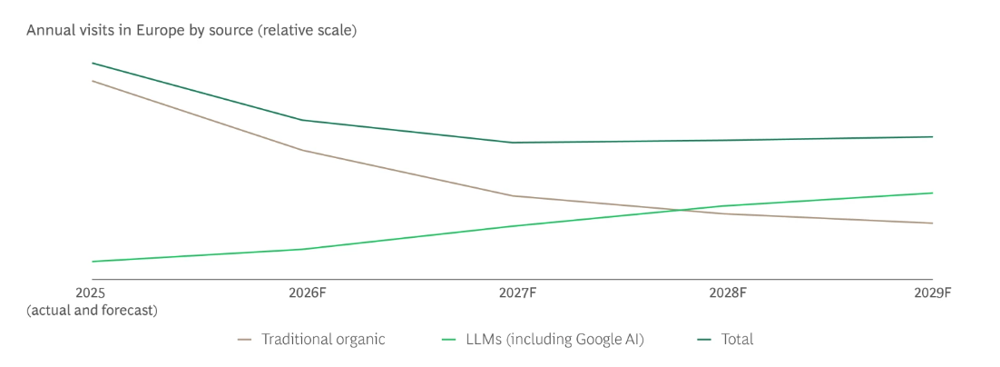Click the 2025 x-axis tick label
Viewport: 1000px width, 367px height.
point(91,293)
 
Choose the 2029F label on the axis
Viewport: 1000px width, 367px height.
point(932,293)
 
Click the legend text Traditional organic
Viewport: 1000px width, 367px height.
point(323,340)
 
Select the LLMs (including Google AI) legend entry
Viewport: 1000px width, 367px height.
point(554,340)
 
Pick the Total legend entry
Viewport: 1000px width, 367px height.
point(737,340)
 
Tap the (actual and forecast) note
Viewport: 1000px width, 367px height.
point(92,311)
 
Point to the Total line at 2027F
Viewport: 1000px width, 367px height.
point(513,143)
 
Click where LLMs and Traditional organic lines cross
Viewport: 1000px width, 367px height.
point(679,211)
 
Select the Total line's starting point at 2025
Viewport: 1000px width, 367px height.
point(93,64)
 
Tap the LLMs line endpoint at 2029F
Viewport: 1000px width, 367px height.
point(932,193)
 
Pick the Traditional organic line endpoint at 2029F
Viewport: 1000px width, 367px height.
point(932,223)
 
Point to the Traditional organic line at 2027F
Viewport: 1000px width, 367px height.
point(513,196)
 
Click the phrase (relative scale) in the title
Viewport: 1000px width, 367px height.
point(307,31)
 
